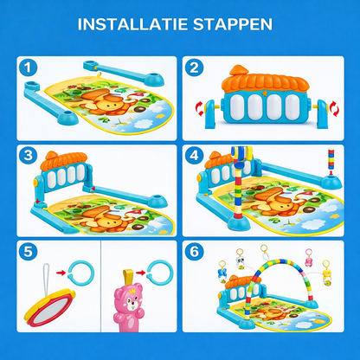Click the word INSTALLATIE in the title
pyautogui.click(x=136, y=23)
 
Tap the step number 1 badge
pyautogui.click(x=29, y=67)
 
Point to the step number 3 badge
pyautogui.click(x=29, y=157)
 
